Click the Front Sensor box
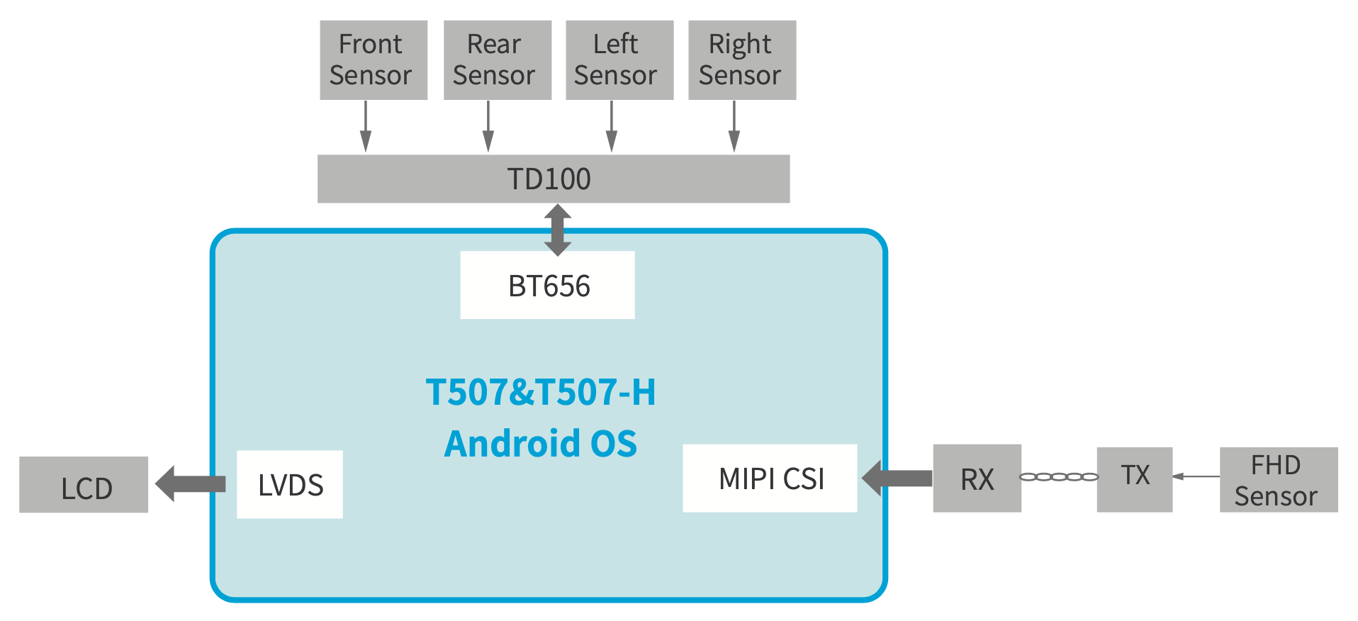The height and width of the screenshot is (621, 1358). [x=373, y=60]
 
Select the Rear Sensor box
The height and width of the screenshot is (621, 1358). [x=497, y=60]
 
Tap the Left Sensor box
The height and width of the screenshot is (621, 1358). [x=619, y=60]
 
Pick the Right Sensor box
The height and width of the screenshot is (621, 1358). [x=741, y=60]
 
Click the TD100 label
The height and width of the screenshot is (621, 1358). [x=549, y=179]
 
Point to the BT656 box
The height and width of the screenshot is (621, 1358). [x=547, y=285]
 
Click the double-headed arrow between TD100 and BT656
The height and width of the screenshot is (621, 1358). [x=558, y=230]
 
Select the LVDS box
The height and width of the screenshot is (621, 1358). [x=289, y=484]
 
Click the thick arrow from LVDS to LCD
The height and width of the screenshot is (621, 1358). [x=190, y=484]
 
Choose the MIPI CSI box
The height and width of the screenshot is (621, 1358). [x=770, y=479]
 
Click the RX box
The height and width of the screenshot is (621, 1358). [x=977, y=479]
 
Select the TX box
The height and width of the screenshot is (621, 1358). [x=1134, y=479]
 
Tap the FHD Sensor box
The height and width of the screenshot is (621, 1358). [x=1278, y=480]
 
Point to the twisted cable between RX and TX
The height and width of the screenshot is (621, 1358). [x=1059, y=477]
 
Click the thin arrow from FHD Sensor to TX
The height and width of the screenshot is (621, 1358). [x=1196, y=476]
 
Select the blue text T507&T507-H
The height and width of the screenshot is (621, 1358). [x=541, y=392]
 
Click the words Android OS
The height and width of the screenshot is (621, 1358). [x=541, y=444]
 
